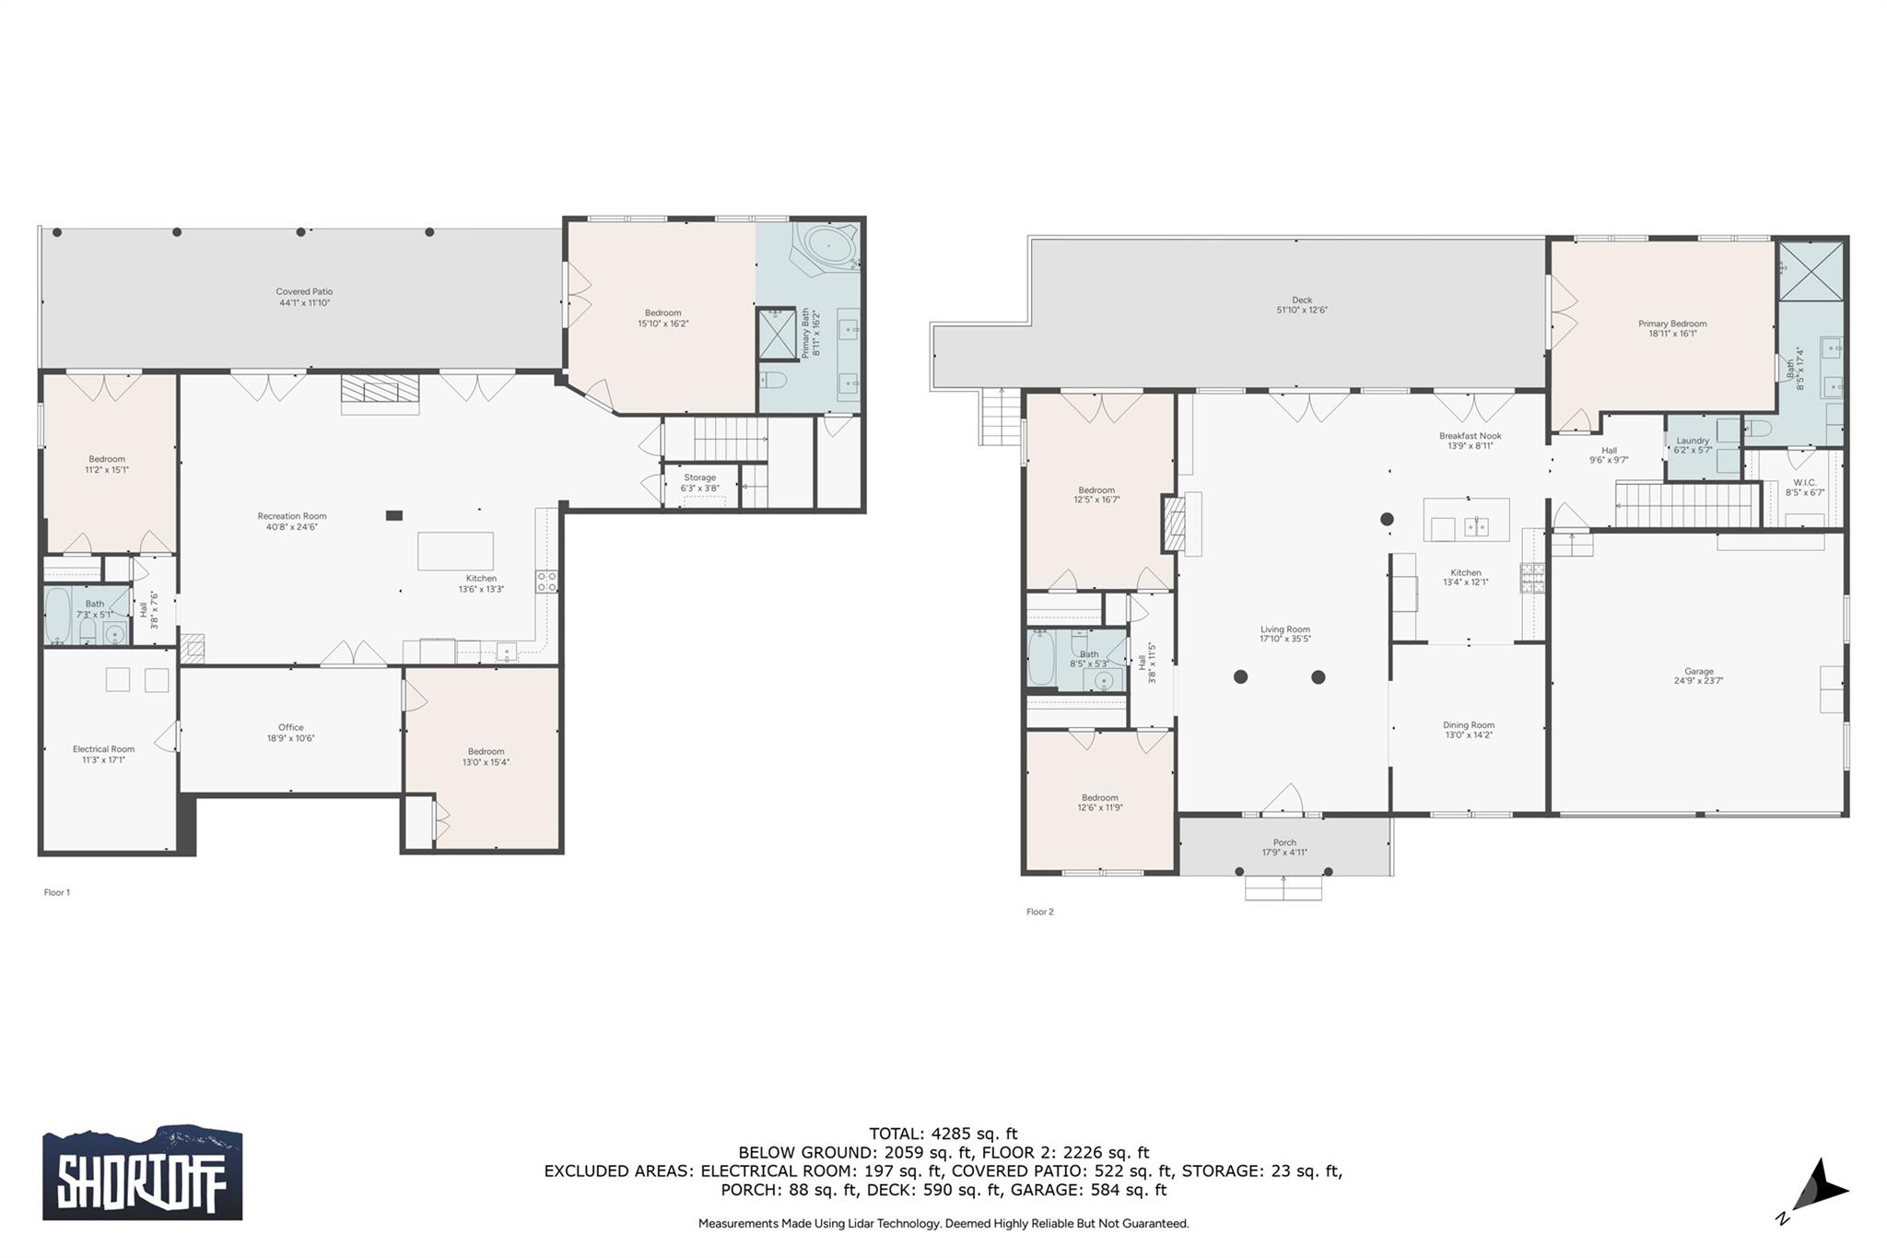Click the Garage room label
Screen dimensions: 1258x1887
1698,676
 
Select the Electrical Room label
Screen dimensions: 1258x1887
103,754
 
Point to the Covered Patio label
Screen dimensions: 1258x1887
304,297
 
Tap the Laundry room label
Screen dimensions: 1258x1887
1693,445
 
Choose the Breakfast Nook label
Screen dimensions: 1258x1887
1470,441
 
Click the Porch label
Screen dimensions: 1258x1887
1284,847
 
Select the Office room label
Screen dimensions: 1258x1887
290,732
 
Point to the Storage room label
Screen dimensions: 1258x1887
699,482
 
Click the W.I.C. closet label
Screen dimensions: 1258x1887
1804,487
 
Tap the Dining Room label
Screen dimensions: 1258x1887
1468,730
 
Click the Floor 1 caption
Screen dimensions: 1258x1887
56,892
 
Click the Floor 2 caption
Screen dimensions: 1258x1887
1039,911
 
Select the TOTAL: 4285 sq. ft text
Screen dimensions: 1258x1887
943,1134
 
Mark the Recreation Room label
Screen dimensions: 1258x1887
291,521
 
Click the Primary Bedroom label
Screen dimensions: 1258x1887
1671,328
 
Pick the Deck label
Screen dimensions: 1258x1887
1301,304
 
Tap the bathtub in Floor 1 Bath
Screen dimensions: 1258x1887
58,616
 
